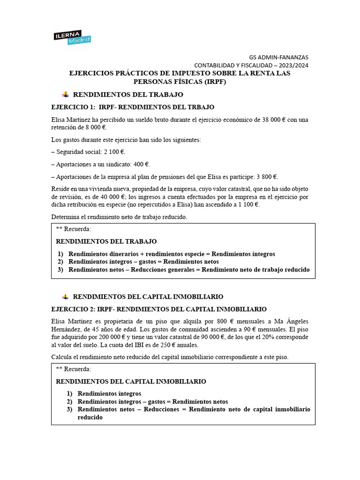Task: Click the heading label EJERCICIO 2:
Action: tap(73, 309)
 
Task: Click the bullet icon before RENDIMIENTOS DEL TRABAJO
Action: tap(65, 95)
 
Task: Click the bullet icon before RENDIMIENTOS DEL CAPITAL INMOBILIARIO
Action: tap(65, 297)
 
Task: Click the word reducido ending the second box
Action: tap(90, 417)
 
